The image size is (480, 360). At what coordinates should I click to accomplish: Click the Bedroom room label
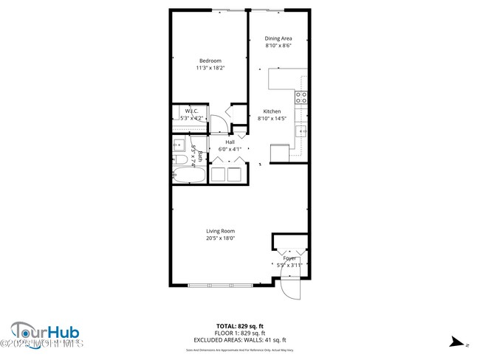(x=210, y=60)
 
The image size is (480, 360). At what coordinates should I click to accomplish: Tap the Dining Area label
(x=279, y=38)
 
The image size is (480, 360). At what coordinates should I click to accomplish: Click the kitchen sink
(x=301, y=131)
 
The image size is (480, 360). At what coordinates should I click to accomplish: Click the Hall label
(x=230, y=142)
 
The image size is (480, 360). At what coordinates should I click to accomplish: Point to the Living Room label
(x=220, y=231)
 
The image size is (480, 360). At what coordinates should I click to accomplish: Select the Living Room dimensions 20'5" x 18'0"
(x=220, y=238)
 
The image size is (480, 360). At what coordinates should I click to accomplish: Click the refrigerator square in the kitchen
(x=279, y=153)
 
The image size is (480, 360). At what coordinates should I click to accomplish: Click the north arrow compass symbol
(x=459, y=342)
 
